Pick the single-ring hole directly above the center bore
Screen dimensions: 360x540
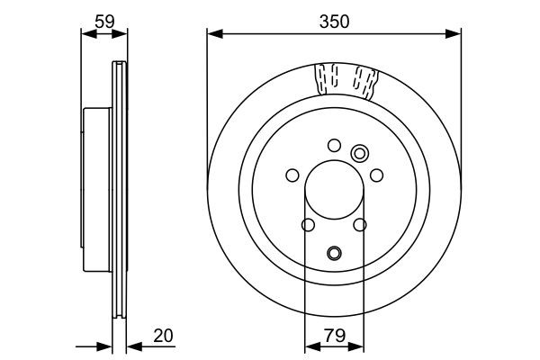coord(334,145)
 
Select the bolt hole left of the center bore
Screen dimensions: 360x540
coord(292,175)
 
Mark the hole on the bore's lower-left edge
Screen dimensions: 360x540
coord(307,225)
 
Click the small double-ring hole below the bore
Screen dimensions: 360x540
coord(334,253)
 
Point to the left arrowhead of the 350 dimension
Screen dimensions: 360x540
coord(212,33)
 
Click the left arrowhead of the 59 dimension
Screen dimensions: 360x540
coord(85,33)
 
